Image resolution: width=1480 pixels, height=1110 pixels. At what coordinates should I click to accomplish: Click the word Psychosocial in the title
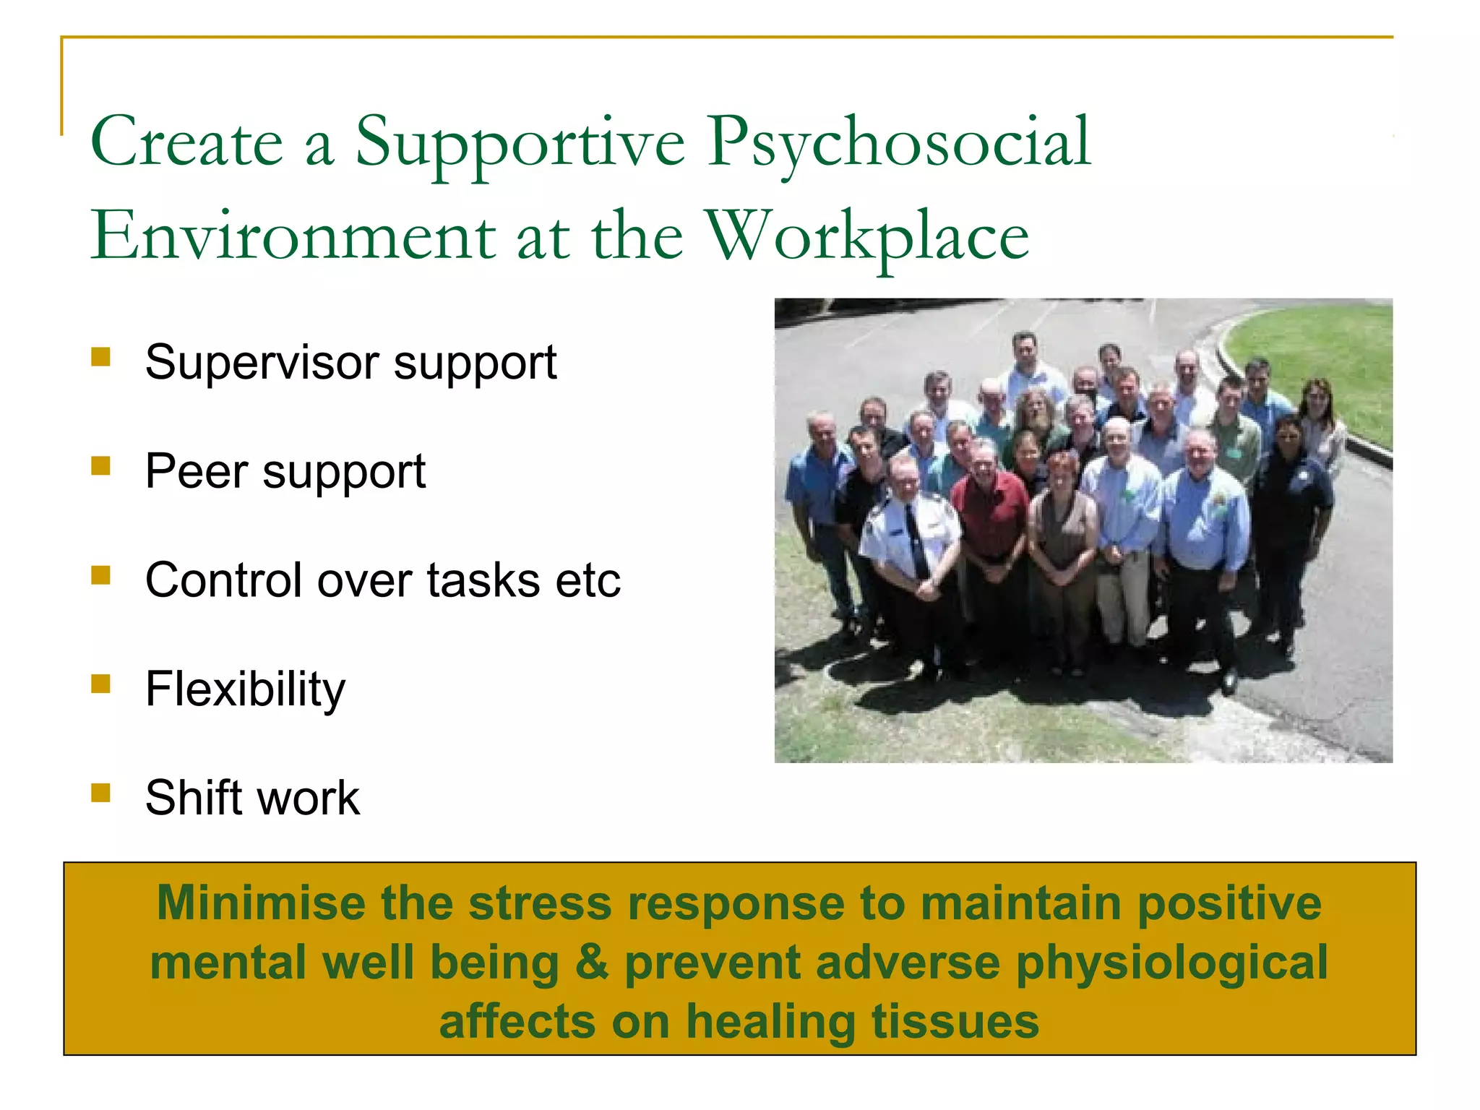coord(899,142)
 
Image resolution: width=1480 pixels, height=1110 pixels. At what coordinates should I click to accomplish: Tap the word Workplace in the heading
coord(867,236)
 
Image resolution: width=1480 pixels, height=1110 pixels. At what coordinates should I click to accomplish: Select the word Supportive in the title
coord(520,142)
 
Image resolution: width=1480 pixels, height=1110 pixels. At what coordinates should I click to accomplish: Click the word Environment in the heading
coord(293,236)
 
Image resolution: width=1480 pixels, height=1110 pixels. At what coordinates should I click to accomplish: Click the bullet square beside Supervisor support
coord(101,357)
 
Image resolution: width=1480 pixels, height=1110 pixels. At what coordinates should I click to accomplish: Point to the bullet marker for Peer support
coord(101,466)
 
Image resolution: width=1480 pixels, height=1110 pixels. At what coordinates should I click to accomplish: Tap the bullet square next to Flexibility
coord(101,684)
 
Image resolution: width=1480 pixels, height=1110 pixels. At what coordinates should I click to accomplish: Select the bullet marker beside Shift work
coord(101,793)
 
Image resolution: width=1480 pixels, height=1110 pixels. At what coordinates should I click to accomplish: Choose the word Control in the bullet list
coord(223,580)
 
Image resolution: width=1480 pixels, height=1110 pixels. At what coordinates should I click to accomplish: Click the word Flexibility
coord(245,690)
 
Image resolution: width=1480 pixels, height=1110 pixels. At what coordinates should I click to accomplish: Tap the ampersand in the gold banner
coord(592,963)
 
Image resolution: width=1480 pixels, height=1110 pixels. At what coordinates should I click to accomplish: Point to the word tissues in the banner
coord(955,1022)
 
